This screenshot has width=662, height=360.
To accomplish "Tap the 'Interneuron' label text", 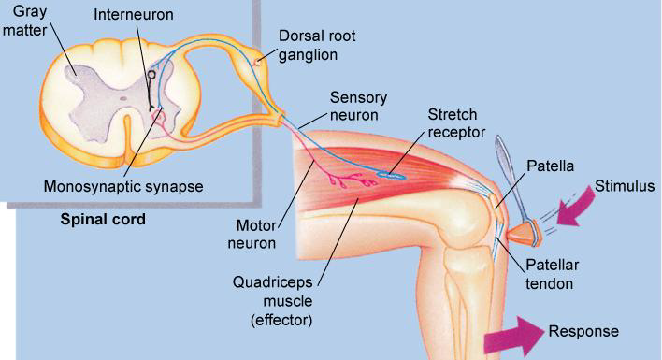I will (139, 17).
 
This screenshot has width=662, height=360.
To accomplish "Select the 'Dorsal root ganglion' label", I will (318, 45).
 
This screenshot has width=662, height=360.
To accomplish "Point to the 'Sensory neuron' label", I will (358, 106).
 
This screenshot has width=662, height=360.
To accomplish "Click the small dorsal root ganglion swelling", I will (257, 63).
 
